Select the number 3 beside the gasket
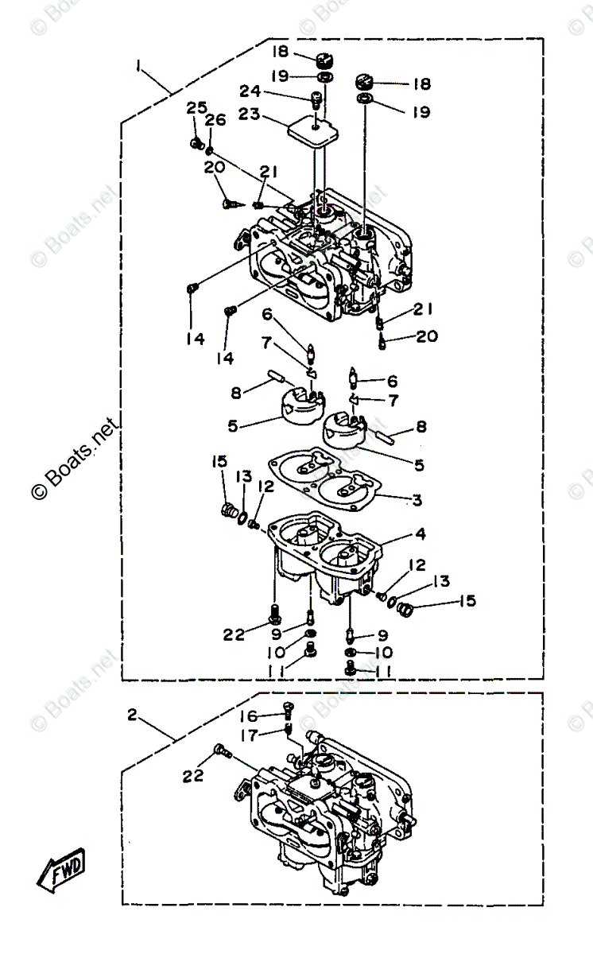click(x=416, y=500)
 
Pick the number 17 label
click(x=249, y=735)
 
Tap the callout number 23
click(x=249, y=114)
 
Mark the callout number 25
click(x=196, y=107)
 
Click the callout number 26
click(x=215, y=120)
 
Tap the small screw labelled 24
click(x=316, y=100)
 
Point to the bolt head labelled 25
click(x=195, y=143)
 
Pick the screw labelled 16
click(x=289, y=709)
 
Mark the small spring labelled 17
click(x=289, y=728)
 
